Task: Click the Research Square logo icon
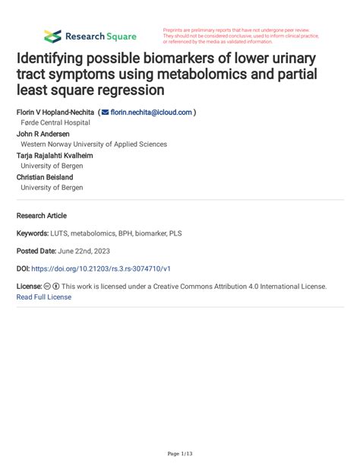click(52, 36)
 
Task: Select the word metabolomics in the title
click(215, 74)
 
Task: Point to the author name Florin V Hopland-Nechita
click(55, 112)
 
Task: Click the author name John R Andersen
click(45, 133)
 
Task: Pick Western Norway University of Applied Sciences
click(93, 144)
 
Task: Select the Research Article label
click(41, 215)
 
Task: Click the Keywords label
click(32, 233)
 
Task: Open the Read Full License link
click(43, 297)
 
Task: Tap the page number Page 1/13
click(179, 454)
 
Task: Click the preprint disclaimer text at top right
click(241, 36)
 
